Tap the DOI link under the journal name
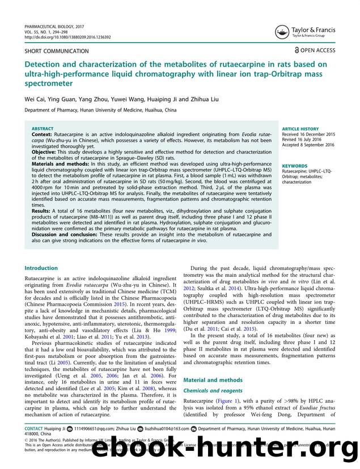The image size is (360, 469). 67,37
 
